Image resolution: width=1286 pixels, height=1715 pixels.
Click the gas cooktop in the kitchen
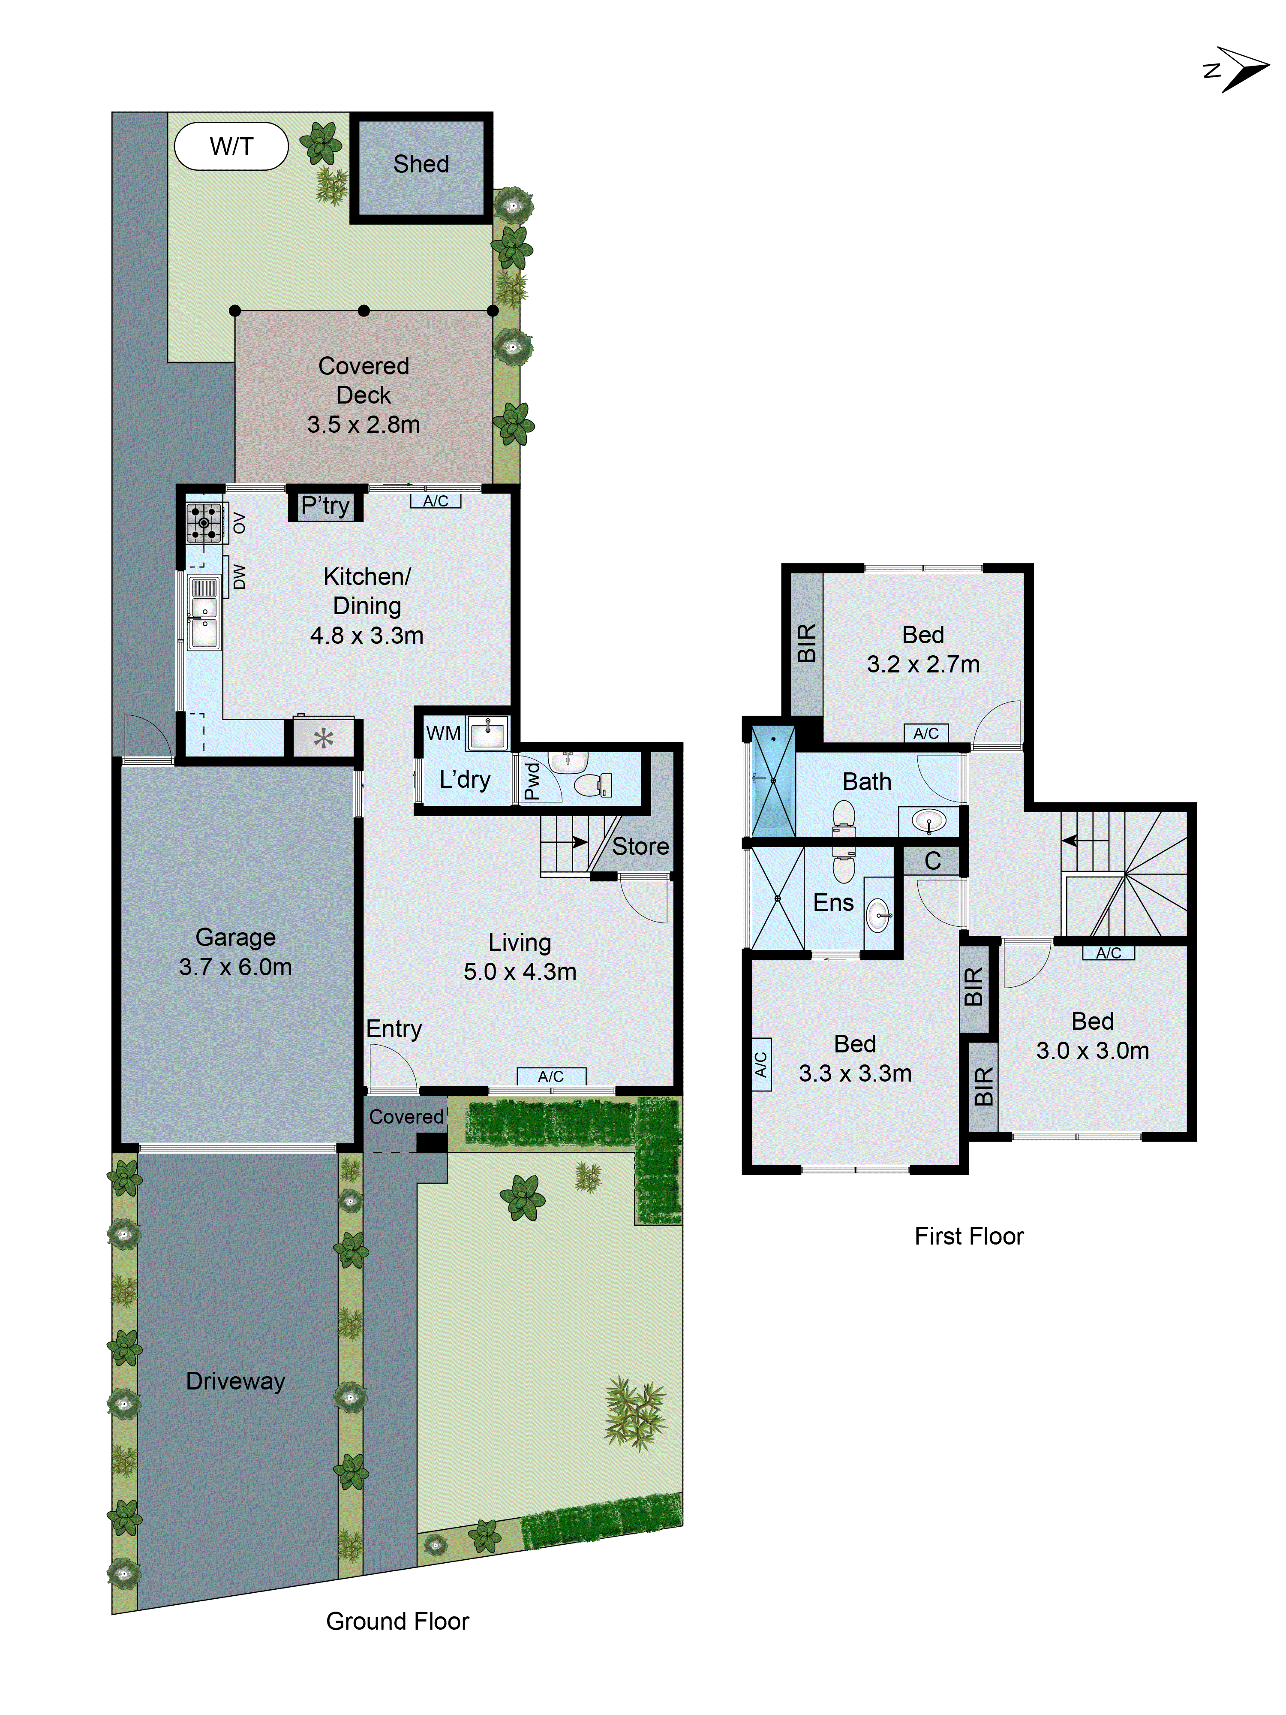pos(204,523)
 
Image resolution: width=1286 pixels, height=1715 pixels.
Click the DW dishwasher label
pos(239,576)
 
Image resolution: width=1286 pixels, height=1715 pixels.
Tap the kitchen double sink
pos(204,612)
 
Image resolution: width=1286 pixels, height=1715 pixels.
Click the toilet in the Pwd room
pos(593,785)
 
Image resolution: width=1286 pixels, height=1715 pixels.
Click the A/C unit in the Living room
pos(551,1076)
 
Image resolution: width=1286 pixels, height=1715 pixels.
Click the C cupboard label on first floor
pos(932,861)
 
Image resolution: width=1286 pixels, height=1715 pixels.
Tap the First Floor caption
pos(968,1236)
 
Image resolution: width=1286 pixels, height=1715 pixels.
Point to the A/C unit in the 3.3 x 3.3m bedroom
pos(761,1064)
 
